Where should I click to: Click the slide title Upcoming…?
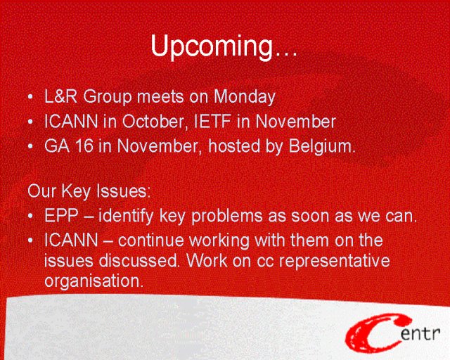pyautogui.click(x=224, y=46)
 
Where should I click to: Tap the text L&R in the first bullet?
pyautogui.click(x=61, y=96)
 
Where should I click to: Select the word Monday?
pyautogui.click(x=245, y=97)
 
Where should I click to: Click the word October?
pyautogui.click(x=154, y=122)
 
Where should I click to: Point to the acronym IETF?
pyautogui.click(x=212, y=122)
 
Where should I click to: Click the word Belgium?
pyautogui.click(x=322, y=147)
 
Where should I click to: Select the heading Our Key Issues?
pyautogui.click(x=89, y=191)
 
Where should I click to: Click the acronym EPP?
pyautogui.click(x=61, y=216)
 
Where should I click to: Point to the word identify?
pyautogui.click(x=126, y=216)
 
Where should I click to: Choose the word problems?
pyautogui.click(x=227, y=216)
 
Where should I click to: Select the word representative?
pyautogui.click(x=335, y=262)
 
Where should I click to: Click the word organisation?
pyautogui.click(x=94, y=281)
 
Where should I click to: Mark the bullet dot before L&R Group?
pyautogui.click(x=30, y=97)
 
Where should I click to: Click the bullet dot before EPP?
pyautogui.click(x=30, y=216)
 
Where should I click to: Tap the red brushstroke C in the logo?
pyautogui.click(x=373, y=333)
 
